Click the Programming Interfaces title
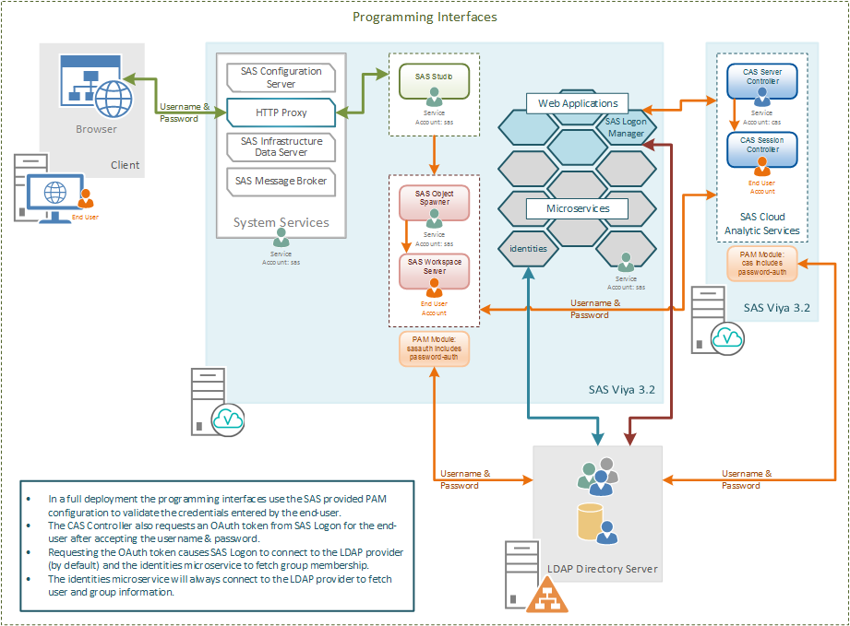425,17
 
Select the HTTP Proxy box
281,112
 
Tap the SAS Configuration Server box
281,77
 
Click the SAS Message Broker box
281,181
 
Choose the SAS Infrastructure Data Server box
281,147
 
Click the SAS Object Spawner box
434,201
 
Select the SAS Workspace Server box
434,268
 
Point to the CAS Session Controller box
761,148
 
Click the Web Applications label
578,103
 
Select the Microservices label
578,208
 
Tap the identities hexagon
528,249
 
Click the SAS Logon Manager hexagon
626,126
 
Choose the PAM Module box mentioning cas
761,261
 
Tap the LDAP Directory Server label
605,569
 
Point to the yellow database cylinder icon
590,522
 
